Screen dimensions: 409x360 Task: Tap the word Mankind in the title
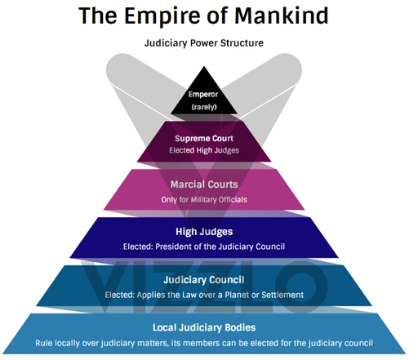point(282,16)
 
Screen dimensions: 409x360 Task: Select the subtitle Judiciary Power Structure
point(204,43)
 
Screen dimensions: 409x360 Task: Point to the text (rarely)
point(204,107)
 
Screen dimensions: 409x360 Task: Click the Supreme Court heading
point(204,138)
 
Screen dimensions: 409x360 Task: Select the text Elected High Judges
point(204,150)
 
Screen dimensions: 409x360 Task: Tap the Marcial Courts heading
point(204,184)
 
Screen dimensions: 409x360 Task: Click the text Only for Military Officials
point(204,200)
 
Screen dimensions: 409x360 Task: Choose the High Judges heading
point(204,232)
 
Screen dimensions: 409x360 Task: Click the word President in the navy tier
point(173,247)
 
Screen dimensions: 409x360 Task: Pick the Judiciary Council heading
point(204,280)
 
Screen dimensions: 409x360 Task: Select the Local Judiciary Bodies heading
point(204,327)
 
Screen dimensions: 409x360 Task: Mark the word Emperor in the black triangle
point(203,95)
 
